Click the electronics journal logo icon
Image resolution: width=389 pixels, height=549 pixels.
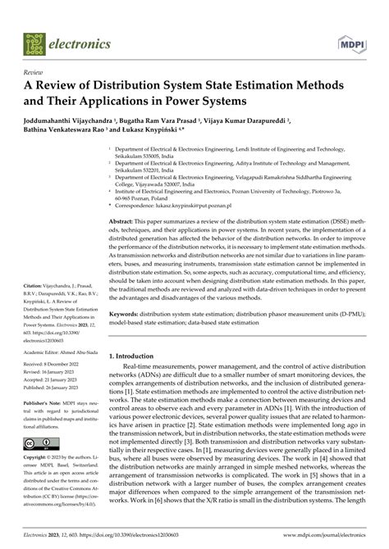tap(30, 38)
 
